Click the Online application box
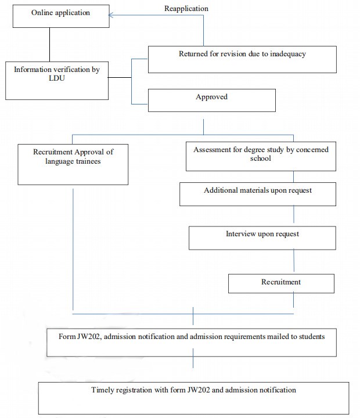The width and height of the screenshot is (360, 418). click(x=61, y=16)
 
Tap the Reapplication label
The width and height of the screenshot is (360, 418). click(x=186, y=9)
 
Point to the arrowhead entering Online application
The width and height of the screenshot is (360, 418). click(x=111, y=15)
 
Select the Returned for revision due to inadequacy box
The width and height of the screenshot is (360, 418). click(x=242, y=59)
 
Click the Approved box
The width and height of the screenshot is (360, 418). click(x=212, y=100)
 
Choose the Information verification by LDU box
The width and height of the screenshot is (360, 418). click(x=57, y=81)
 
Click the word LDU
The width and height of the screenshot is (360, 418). click(x=57, y=78)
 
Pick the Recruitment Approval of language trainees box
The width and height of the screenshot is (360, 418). click(x=73, y=164)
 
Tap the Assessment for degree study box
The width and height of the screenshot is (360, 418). click(x=261, y=156)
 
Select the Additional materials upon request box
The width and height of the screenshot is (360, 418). click(x=258, y=194)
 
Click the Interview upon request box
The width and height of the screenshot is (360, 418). click(x=262, y=238)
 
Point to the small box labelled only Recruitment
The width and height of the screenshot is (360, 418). click(x=281, y=284)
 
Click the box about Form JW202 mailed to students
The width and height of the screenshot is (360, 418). click(x=192, y=343)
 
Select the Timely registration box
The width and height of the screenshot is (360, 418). click(x=193, y=398)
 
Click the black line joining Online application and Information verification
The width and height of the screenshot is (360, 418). click(x=49, y=45)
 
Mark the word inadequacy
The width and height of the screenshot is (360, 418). click(x=288, y=54)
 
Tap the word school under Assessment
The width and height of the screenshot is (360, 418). click(x=261, y=158)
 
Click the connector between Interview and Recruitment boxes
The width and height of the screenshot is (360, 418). click(x=294, y=261)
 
